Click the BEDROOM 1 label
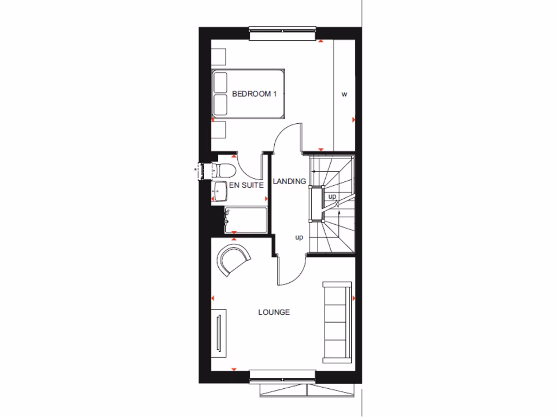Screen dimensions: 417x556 [x=254, y=94]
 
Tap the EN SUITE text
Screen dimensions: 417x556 [x=246, y=185]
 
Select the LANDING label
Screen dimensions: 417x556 [x=289, y=181]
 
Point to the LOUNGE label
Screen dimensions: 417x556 [x=274, y=312]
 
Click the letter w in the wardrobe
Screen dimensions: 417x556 [x=344, y=94]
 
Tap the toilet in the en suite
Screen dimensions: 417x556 [x=224, y=170]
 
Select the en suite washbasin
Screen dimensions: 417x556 [x=219, y=191]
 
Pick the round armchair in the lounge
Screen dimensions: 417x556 [x=233, y=260]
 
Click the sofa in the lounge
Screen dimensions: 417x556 [x=337, y=322]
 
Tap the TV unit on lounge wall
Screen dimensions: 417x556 [x=219, y=333]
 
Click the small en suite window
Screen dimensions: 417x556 [x=205, y=171]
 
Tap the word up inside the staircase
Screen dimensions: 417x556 [x=332, y=196]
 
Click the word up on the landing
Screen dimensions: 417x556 [x=299, y=237]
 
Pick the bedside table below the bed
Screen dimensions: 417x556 [x=219, y=131]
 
